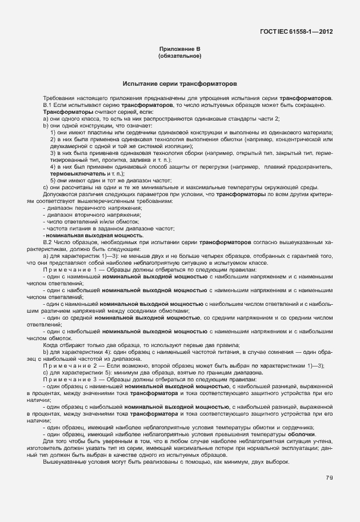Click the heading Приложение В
tap(180, 50)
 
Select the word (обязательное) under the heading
tap(180, 57)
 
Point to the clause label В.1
tap(47, 105)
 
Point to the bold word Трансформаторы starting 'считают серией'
tap(63, 112)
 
